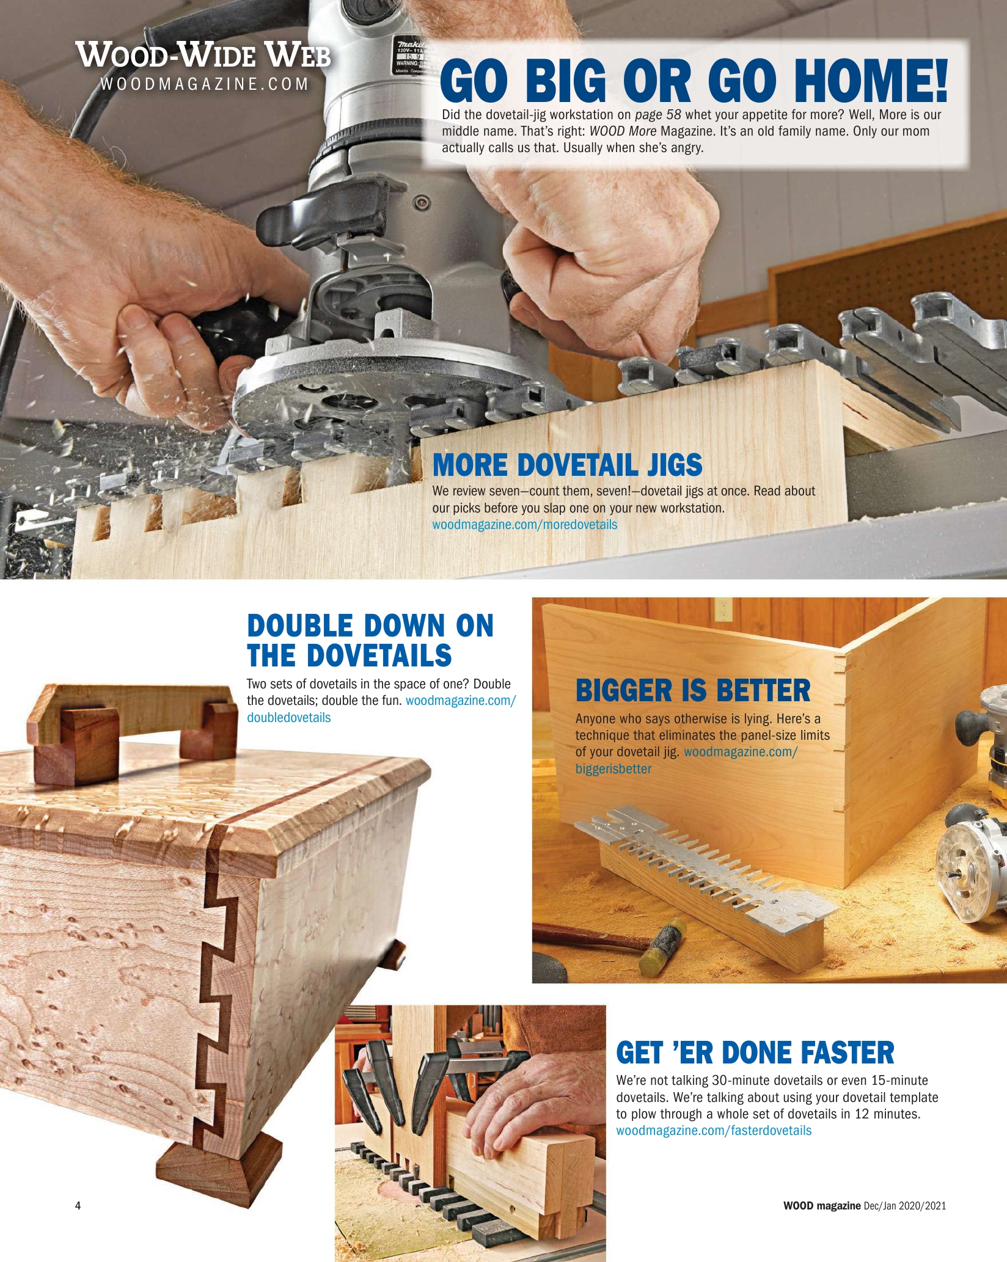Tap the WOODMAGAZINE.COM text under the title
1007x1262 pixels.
point(205,84)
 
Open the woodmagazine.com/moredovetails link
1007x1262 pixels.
point(525,525)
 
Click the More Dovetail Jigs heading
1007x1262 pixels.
point(567,465)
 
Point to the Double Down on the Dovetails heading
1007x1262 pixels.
point(370,640)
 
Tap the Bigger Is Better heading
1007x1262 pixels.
point(693,691)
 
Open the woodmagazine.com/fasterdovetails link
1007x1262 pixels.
point(714,1130)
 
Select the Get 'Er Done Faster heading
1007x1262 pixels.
point(755,1052)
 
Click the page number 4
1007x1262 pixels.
point(78,1205)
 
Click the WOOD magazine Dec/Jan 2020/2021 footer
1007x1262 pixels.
point(865,1205)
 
